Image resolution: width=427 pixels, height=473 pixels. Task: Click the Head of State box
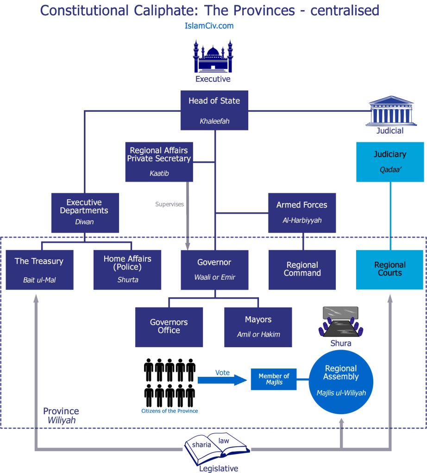coord(214,110)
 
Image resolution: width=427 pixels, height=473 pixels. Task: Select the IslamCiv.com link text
coord(208,26)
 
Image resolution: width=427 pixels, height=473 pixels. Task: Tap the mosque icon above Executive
coord(213,57)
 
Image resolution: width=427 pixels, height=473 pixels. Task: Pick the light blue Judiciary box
coord(389,161)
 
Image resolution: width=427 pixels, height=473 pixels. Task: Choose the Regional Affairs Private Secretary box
coord(159,161)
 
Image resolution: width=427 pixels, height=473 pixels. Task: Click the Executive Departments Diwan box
coord(85,213)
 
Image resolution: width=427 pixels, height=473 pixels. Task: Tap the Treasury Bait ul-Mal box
coord(39,270)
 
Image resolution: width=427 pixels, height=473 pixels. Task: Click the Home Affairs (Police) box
coord(127,270)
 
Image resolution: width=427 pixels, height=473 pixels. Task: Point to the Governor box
coord(214,270)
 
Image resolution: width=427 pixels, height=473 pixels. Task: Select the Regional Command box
coord(302,270)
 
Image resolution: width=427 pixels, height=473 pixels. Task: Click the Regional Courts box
coord(389,270)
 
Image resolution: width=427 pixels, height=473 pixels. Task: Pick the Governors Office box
coord(169,327)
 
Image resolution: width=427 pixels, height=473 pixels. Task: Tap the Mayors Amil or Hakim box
coord(258,327)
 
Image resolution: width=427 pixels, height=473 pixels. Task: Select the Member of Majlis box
coord(274,379)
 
